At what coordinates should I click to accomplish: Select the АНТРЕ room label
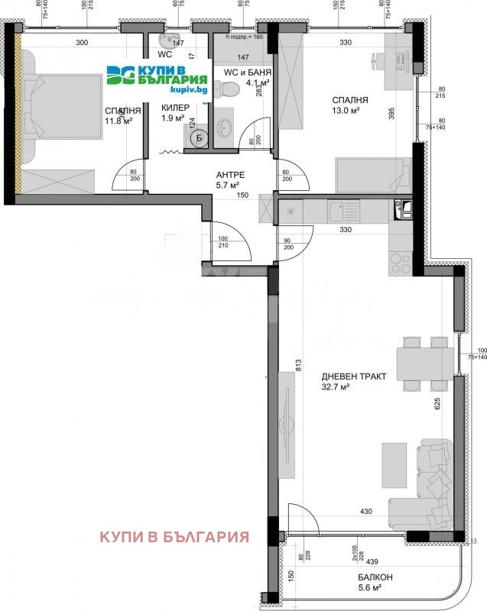click(x=228, y=173)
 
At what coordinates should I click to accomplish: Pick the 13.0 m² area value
click(x=351, y=112)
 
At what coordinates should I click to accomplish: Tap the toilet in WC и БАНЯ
click(x=232, y=92)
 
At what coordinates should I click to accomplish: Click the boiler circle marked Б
click(x=198, y=137)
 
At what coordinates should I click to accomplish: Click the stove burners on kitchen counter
click(x=400, y=262)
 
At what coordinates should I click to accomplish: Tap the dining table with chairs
click(x=417, y=360)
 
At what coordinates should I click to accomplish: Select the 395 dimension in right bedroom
click(x=391, y=114)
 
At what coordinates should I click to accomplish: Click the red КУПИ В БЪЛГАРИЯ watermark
click(x=174, y=536)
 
